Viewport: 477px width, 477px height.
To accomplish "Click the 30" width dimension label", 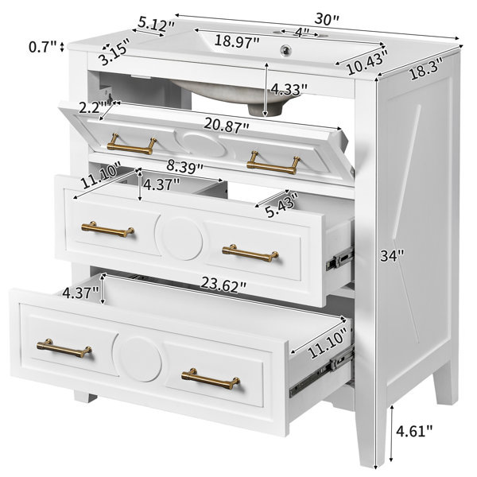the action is point(326,19).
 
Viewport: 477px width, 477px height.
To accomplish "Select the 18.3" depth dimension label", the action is point(426,69).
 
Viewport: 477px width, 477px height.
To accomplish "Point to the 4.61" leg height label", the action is point(413,431).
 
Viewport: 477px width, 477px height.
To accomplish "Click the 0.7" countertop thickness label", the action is point(43,47).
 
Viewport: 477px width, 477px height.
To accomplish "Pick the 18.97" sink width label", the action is point(237,41).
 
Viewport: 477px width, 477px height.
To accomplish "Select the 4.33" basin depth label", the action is point(289,89).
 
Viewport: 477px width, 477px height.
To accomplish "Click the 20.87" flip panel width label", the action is point(227,126).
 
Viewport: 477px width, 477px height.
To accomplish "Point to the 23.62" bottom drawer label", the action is point(223,286).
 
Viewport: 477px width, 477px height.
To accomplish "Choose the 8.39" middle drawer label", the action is point(184,167).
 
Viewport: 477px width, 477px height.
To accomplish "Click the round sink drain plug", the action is point(285,48).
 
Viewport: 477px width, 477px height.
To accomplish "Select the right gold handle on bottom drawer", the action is point(211,378).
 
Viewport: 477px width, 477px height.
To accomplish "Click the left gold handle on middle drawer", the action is point(107,230).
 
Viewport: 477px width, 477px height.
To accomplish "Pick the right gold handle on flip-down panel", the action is point(273,163).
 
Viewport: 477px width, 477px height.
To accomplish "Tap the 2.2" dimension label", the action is point(90,107).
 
